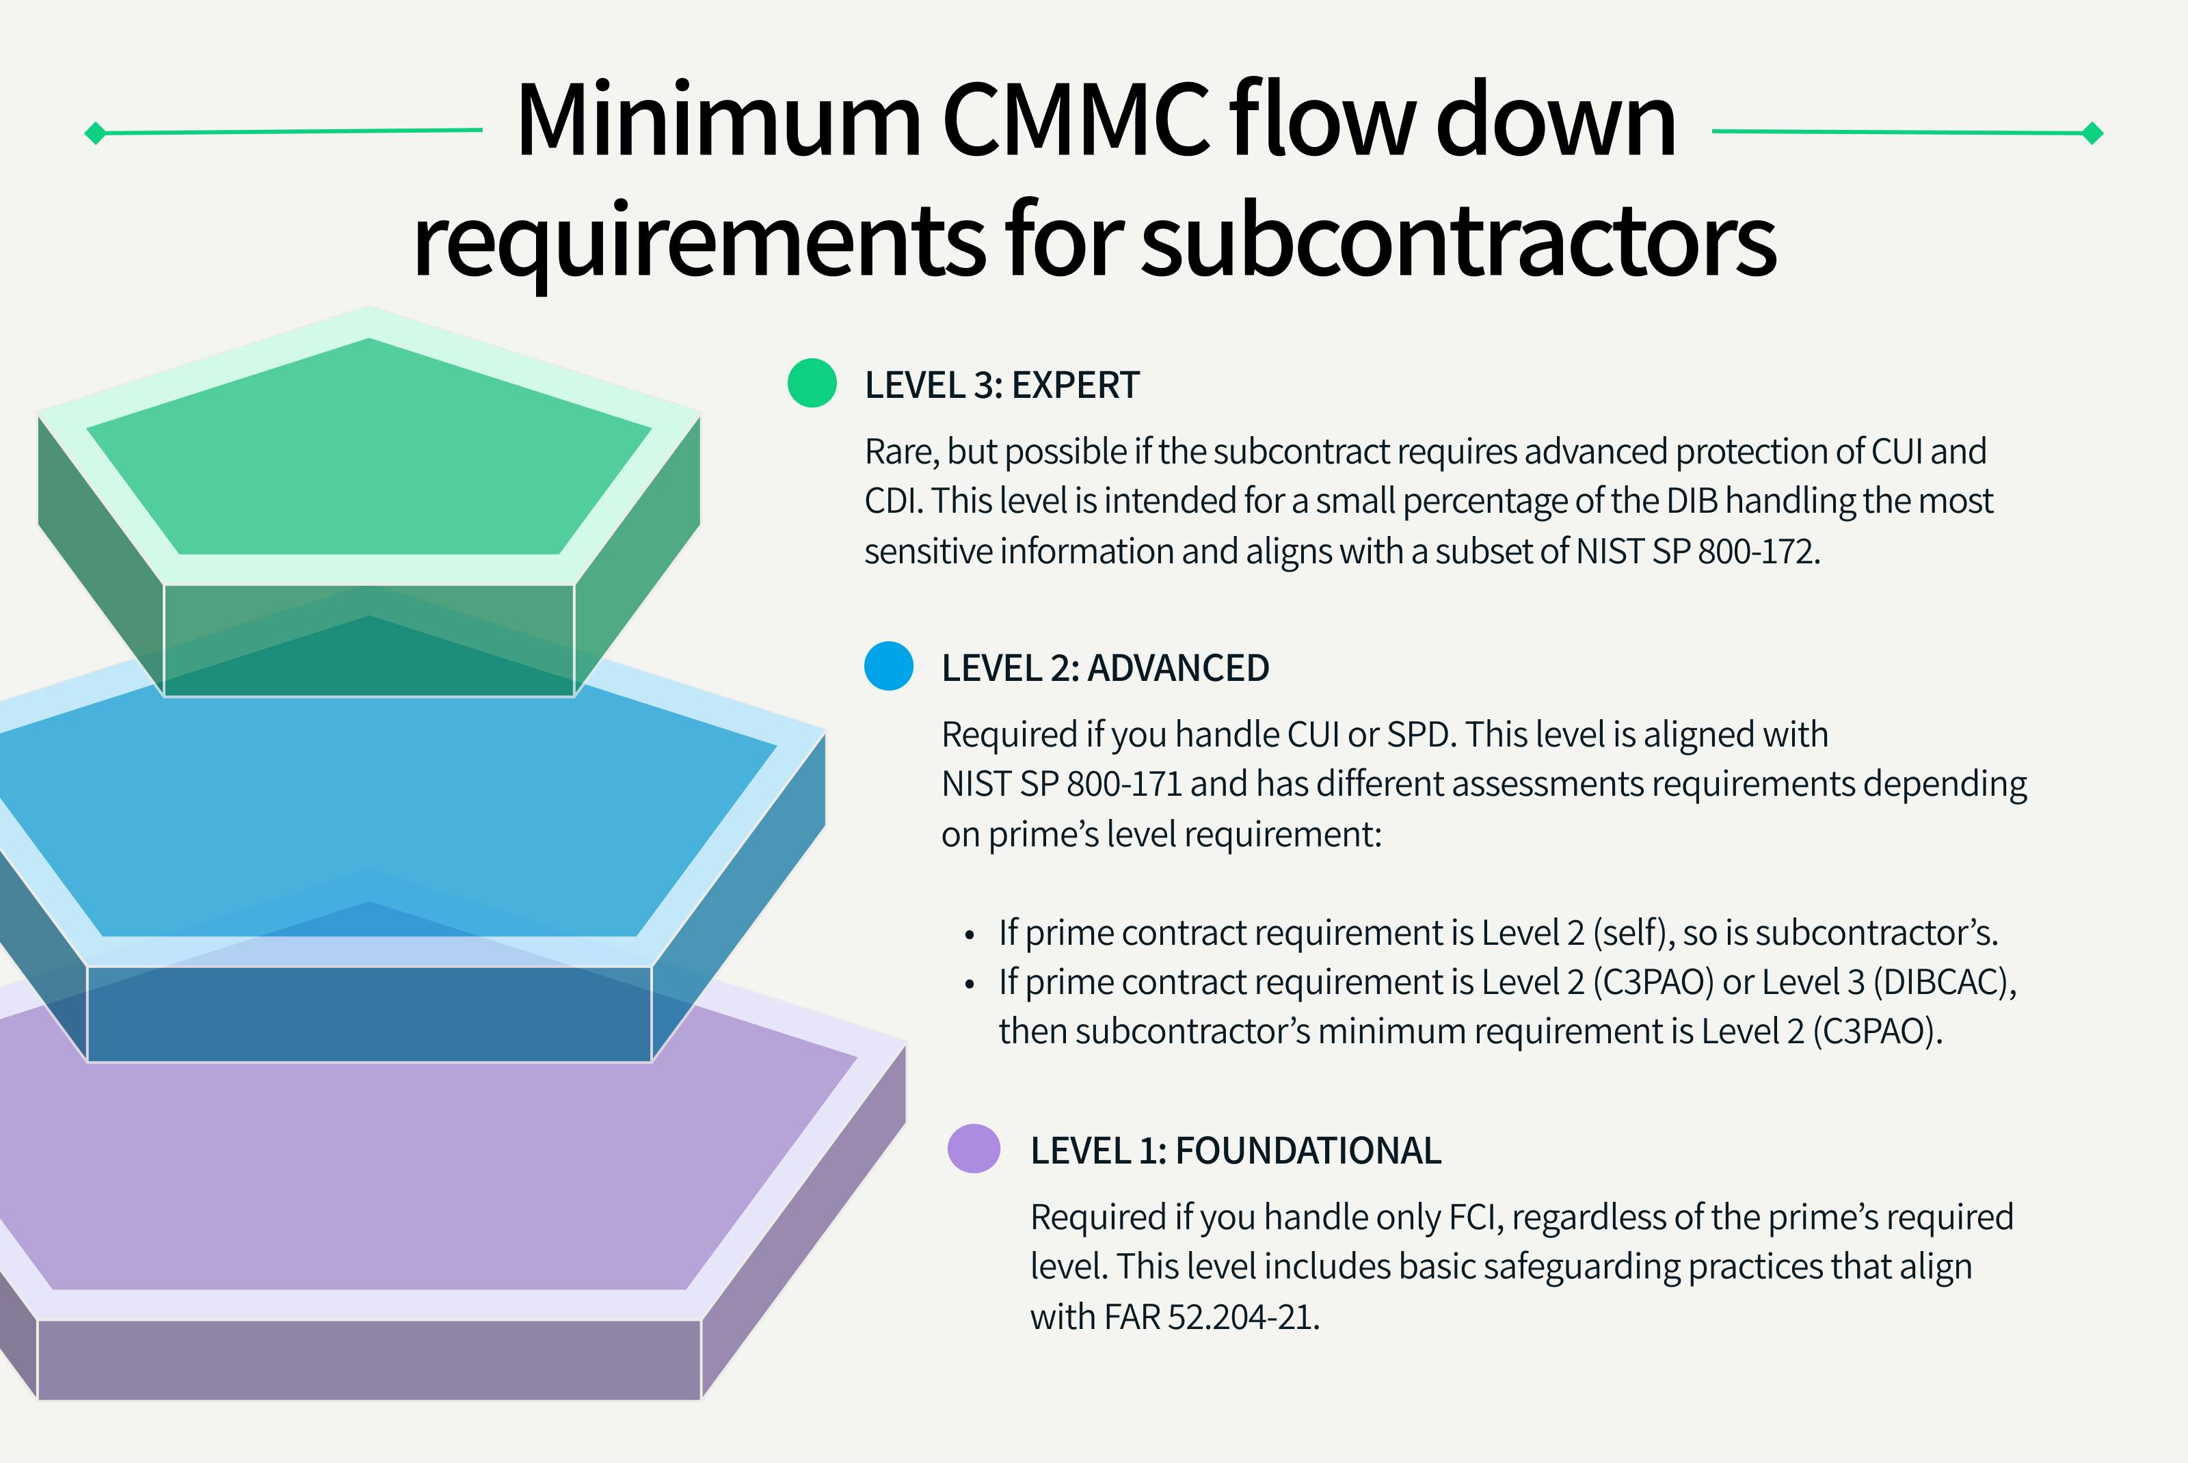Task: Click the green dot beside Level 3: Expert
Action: pyautogui.click(x=812, y=383)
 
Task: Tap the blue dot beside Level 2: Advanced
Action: pyautogui.click(x=888, y=666)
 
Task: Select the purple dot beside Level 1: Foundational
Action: pyautogui.click(x=973, y=1149)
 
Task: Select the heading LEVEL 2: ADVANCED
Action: pyautogui.click(x=1105, y=668)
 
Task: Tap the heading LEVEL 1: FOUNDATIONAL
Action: pyautogui.click(x=1236, y=1151)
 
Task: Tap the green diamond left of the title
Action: pyautogui.click(x=95, y=133)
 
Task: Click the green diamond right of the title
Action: pyautogui.click(x=2093, y=133)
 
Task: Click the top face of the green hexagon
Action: pyautogui.click(x=369, y=448)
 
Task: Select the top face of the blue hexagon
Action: pyautogui.click(x=373, y=811)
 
